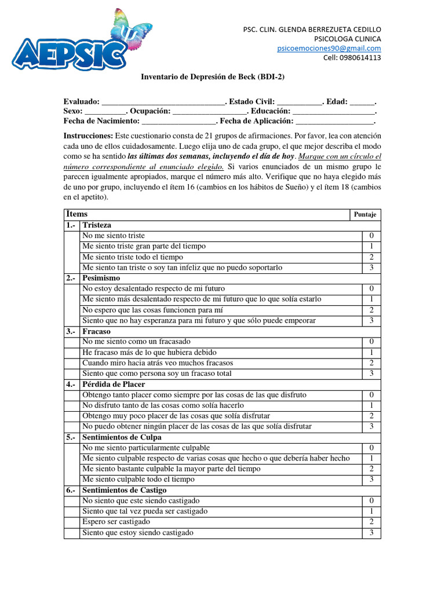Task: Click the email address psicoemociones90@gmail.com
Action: (329, 48)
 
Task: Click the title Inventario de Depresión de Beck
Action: (213, 76)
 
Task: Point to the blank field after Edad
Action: (362, 101)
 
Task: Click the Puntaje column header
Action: (365, 215)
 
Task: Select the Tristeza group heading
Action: (97, 225)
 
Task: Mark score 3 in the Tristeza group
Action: (371, 268)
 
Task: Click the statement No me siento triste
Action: (114, 236)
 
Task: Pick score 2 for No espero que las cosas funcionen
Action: (371, 310)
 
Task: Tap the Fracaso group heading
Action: (97, 331)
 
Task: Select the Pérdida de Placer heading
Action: (114, 384)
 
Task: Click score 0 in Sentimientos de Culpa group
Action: (371, 448)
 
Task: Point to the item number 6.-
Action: (71, 490)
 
